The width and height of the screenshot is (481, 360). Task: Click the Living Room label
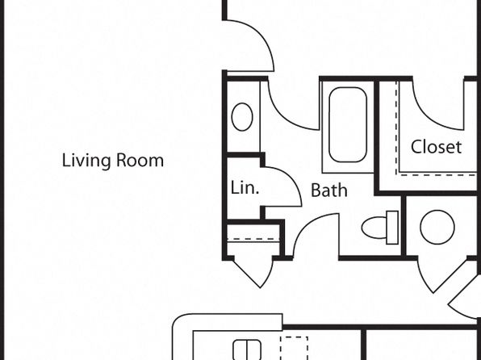(x=112, y=161)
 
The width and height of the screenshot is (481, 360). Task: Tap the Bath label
(x=329, y=190)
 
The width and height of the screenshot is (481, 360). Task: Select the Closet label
(x=436, y=147)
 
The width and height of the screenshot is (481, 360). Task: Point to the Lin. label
(x=245, y=187)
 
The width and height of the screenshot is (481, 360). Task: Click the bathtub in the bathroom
(x=348, y=124)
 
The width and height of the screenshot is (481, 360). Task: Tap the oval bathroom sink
(x=242, y=117)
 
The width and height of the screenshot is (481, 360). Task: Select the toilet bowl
(x=374, y=228)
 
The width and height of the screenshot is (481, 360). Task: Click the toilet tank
(x=392, y=228)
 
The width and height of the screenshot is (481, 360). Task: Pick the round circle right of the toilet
(x=437, y=227)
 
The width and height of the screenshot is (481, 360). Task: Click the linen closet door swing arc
(x=291, y=178)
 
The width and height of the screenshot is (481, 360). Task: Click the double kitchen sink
(x=247, y=350)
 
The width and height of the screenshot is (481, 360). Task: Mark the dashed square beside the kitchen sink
(x=294, y=348)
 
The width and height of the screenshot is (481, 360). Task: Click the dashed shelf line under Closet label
(x=437, y=175)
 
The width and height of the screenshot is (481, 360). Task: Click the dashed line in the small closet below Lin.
(x=253, y=239)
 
